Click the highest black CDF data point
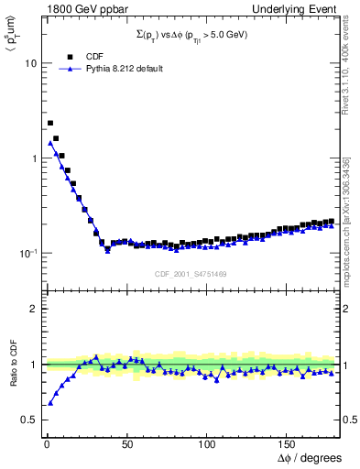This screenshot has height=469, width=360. [50, 123]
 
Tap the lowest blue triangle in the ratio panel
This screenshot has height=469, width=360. [50, 402]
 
